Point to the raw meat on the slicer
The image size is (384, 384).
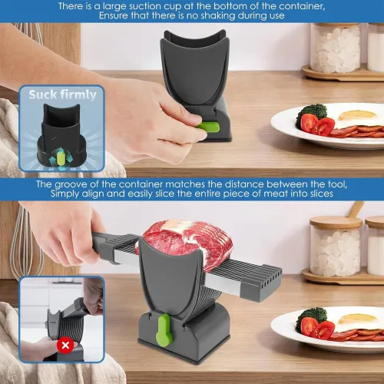[x=173, y=240]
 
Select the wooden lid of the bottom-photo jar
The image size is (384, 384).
[x=335, y=223]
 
